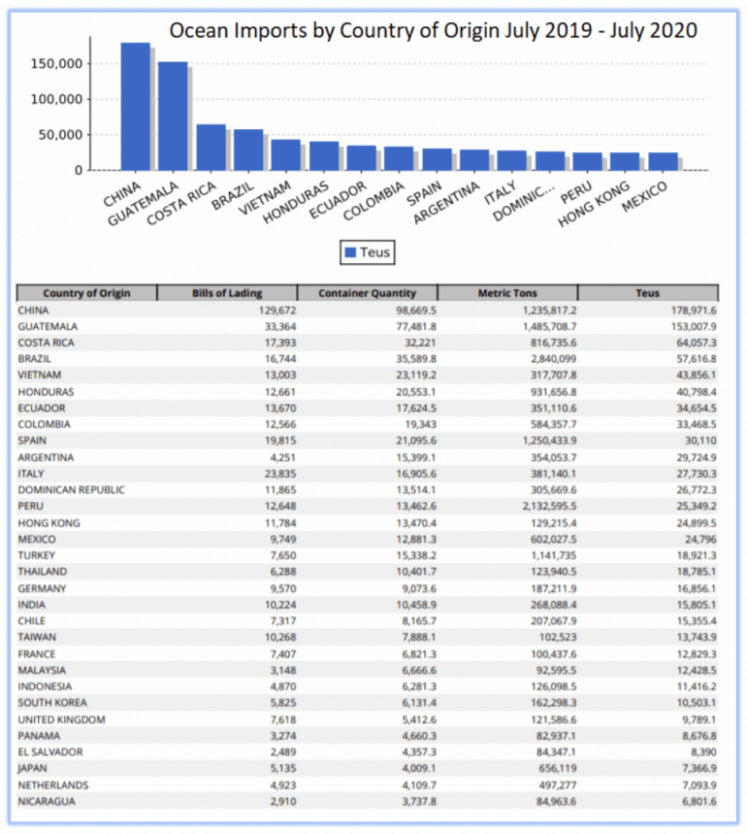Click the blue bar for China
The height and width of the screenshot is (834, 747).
pyautogui.click(x=136, y=107)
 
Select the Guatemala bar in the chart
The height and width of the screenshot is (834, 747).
pyautogui.click(x=173, y=116)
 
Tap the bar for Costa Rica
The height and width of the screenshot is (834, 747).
pyautogui.click(x=211, y=148)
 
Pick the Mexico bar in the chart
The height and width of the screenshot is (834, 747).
pyautogui.click(x=663, y=161)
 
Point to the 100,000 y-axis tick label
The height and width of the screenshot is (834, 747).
pyautogui.click(x=57, y=99)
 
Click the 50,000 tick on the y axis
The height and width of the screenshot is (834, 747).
pyautogui.click(x=60, y=135)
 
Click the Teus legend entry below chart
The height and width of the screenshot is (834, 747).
pyautogui.click(x=368, y=252)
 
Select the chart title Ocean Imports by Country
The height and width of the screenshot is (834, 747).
pyautogui.click(x=433, y=30)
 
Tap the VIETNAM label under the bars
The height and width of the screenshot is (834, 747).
pyautogui.click(x=265, y=197)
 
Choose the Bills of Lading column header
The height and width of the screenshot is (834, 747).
pyautogui.click(x=227, y=293)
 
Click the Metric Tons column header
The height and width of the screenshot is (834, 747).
pyautogui.click(x=507, y=293)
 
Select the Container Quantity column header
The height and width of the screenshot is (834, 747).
pyautogui.click(x=367, y=293)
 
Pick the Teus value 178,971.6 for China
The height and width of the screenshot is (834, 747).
pyautogui.click(x=694, y=311)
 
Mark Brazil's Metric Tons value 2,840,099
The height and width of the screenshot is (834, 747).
pyautogui.click(x=554, y=359)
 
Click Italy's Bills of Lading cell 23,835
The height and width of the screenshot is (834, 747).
pyautogui.click(x=280, y=474)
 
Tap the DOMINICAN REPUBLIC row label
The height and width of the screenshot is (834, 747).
pyautogui.click(x=71, y=490)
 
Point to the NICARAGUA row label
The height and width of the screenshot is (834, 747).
pyautogui.click(x=47, y=802)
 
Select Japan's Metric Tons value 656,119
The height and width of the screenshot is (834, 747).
pyautogui.click(x=556, y=769)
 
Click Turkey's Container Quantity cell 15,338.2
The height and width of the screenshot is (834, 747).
pyautogui.click(x=416, y=555)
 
